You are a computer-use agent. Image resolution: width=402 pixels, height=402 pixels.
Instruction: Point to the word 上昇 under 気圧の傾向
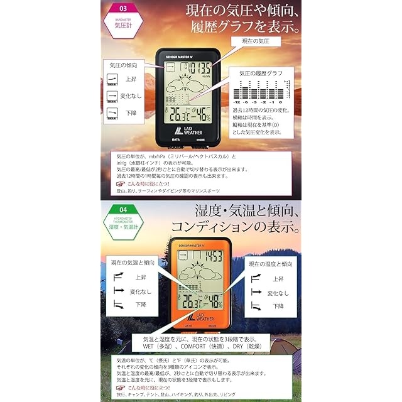point(131,80)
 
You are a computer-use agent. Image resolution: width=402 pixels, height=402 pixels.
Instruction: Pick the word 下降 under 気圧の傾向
point(131,113)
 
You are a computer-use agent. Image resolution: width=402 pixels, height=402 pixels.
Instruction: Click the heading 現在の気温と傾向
point(134,262)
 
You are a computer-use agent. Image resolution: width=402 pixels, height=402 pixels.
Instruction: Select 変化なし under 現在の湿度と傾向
point(278,293)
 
